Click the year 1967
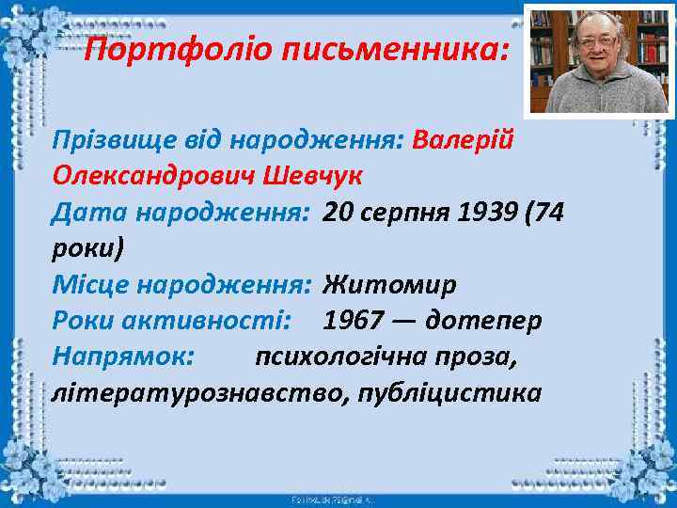(x=353, y=320)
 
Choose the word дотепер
(x=483, y=320)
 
